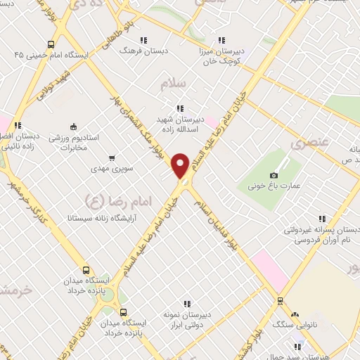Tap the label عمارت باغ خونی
click(x=274, y=186)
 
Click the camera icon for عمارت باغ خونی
click(x=274, y=174)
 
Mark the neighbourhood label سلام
click(x=173, y=84)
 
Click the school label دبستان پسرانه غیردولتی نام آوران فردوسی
click(x=322, y=235)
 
